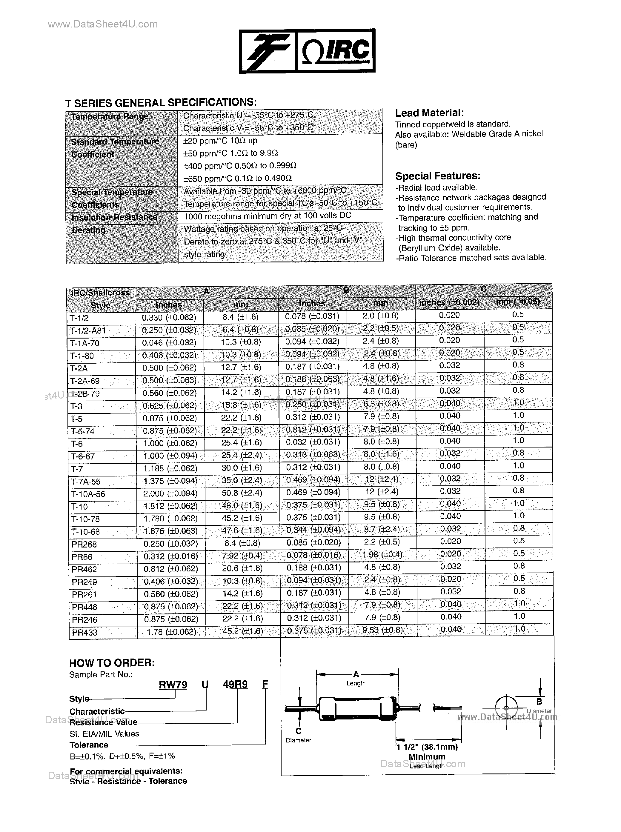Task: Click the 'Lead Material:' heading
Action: point(429,113)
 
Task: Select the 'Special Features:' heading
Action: point(438,176)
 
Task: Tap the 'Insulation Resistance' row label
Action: point(114,217)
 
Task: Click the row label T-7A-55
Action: point(86,482)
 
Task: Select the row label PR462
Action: point(84,569)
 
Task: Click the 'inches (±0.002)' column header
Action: point(449,302)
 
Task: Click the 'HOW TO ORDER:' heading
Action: point(112,662)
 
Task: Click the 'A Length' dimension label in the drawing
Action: point(356,678)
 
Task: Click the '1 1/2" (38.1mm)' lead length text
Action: point(428,747)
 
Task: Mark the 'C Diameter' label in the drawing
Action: point(299,735)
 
